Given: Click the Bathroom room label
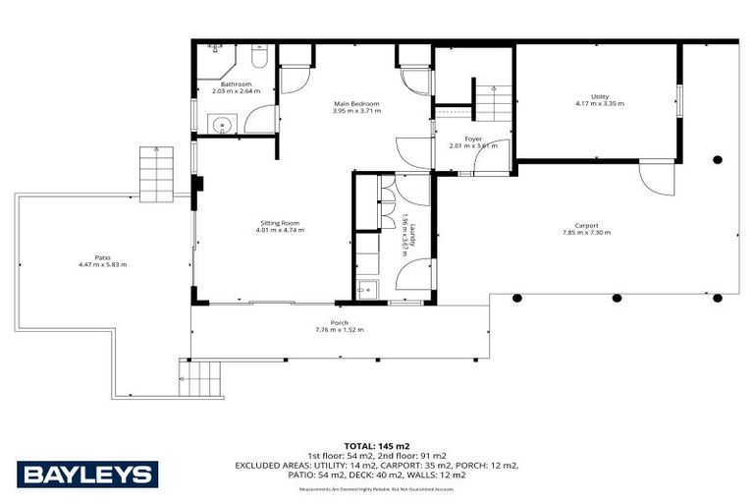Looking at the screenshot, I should [236, 84].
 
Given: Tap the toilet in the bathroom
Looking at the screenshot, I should [258, 55].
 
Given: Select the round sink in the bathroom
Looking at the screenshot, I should [222, 125].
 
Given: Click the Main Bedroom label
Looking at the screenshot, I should [355, 103].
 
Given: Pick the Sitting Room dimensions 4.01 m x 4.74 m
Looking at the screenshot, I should [279, 230].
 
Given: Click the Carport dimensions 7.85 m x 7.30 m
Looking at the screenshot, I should [586, 233].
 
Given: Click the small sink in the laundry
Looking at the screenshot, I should [368, 288].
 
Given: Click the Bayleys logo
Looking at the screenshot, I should [87, 474].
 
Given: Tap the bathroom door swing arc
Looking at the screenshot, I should [260, 120].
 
